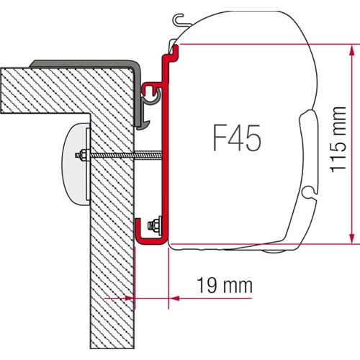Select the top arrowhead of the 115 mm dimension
point(349,49)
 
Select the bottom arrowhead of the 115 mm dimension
point(349,239)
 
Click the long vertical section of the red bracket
point(165,158)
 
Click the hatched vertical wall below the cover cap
point(112,274)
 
